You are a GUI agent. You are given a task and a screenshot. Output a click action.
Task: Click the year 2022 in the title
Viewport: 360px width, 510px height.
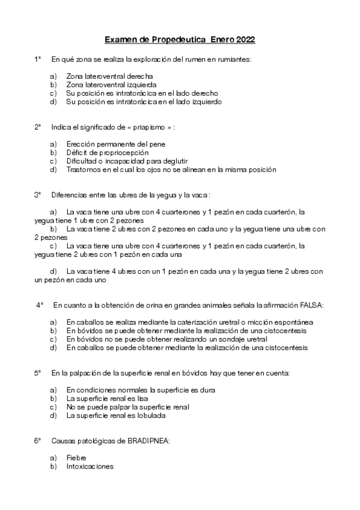click(245, 40)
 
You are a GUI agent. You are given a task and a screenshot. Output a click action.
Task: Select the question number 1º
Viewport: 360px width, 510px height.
click(38, 60)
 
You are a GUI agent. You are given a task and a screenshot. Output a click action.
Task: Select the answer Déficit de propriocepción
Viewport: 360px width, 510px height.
click(108, 153)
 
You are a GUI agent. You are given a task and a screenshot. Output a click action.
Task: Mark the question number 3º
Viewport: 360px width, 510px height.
click(38, 195)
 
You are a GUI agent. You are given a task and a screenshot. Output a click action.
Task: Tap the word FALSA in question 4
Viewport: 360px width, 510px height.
click(312, 306)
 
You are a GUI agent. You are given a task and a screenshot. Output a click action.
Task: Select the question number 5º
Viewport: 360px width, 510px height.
click(38, 373)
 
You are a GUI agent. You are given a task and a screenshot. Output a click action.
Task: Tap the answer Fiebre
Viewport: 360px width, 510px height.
click(77, 458)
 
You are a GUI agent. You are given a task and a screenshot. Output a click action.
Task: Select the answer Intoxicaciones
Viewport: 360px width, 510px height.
click(90, 467)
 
